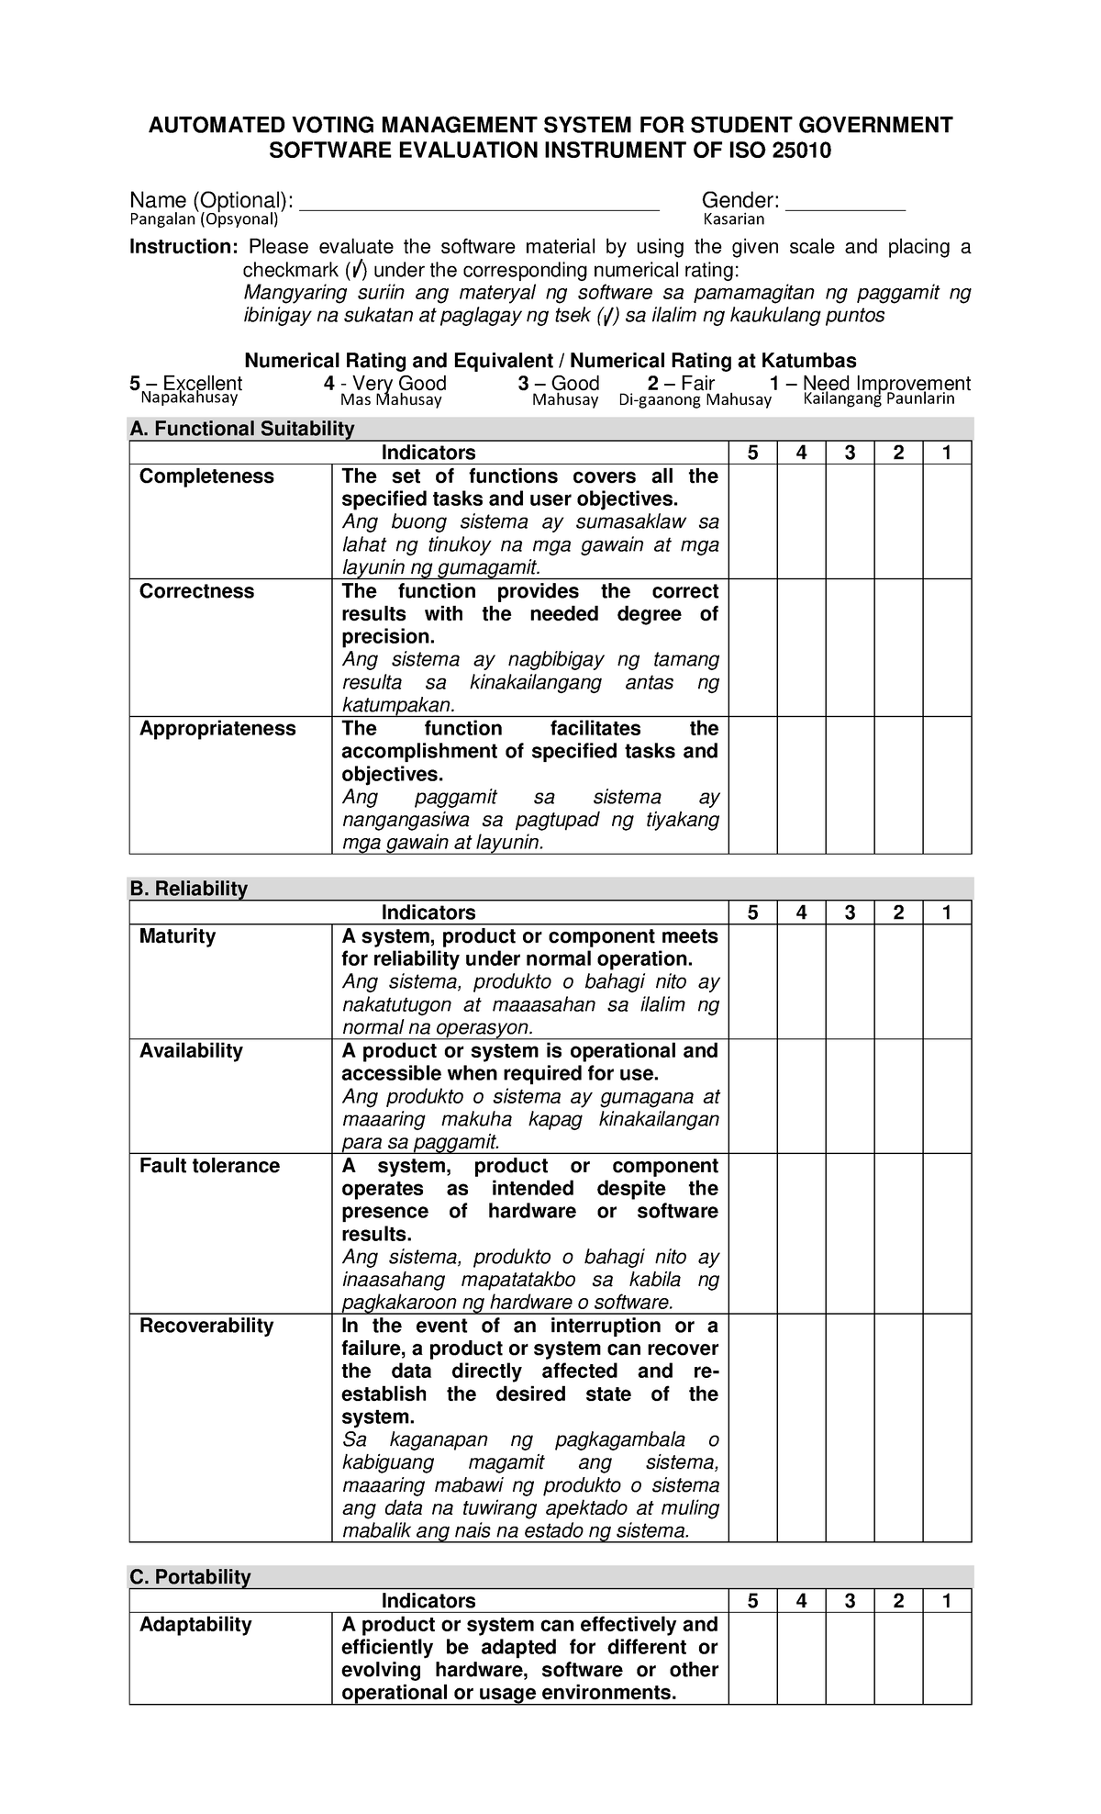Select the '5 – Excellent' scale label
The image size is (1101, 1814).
point(186,383)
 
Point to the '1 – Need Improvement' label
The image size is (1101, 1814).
point(870,383)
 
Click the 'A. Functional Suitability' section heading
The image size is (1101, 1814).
point(242,429)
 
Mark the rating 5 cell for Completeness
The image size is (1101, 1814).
point(752,521)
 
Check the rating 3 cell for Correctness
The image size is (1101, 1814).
point(850,647)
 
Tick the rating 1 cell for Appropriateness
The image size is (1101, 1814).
point(947,785)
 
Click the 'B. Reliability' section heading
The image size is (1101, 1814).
point(189,889)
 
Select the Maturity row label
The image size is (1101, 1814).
point(177,936)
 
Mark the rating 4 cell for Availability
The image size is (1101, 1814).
point(801,1096)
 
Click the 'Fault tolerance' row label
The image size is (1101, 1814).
point(209,1166)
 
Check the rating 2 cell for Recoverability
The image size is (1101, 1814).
point(898,1428)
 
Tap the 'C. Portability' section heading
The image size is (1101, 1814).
point(190,1577)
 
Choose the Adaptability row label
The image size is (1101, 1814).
point(195,1625)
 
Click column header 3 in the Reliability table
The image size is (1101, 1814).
point(850,913)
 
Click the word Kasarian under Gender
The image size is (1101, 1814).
point(733,219)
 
